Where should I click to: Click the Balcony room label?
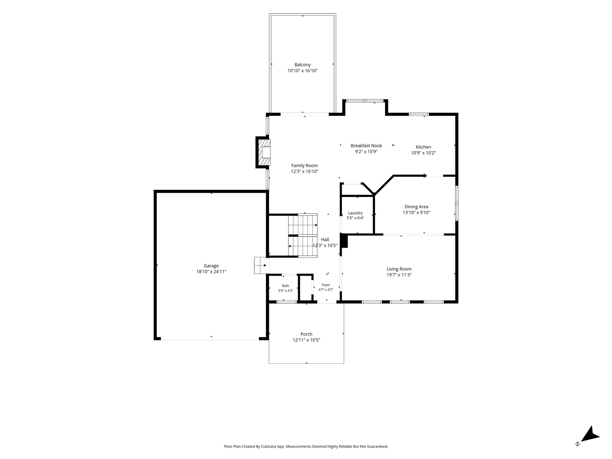[302, 65]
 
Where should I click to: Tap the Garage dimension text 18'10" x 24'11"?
[211, 272]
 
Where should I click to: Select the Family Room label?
[305, 166]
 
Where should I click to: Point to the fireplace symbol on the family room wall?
[263, 152]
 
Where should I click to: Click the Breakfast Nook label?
[366, 146]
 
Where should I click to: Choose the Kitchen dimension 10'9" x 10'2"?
[423, 153]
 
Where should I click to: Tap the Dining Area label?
[416, 206]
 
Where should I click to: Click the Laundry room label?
[355, 213]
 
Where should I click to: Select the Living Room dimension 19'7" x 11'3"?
[399, 275]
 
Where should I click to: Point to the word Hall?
[325, 239]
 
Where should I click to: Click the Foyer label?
[326, 285]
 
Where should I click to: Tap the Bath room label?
[285, 286]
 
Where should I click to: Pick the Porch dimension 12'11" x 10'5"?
[306, 340]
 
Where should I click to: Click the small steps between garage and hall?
[260, 265]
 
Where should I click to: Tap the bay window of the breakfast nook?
[365, 101]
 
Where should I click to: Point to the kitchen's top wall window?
[419, 114]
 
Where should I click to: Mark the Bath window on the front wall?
[287, 302]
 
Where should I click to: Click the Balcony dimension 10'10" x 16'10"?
[302, 71]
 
